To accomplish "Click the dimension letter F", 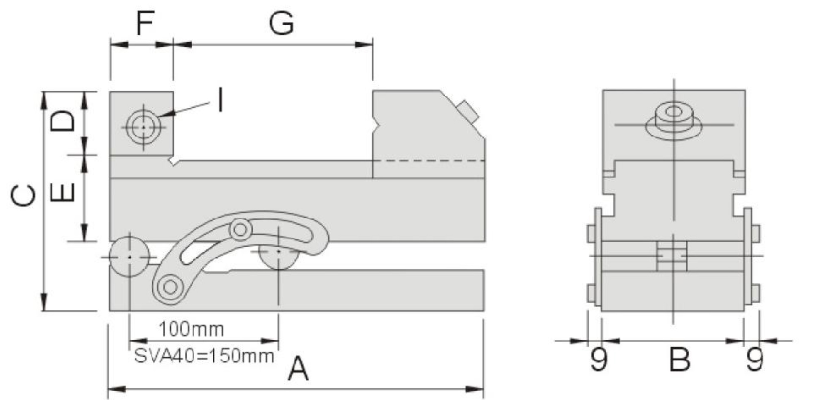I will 145,23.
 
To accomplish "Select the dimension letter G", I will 281,23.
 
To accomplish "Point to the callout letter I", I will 220,100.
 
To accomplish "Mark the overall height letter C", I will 24,195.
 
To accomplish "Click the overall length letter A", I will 298,369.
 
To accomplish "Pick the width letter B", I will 680,359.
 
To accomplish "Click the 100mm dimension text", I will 191,329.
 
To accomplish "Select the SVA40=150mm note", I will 204,356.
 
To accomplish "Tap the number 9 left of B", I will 599,359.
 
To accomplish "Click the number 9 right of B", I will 755,359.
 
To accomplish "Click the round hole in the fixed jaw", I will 143,128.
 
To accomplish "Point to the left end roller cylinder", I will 129,257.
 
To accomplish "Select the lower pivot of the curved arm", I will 170,287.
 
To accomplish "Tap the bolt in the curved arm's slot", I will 240,230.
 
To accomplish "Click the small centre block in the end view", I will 672,256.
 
